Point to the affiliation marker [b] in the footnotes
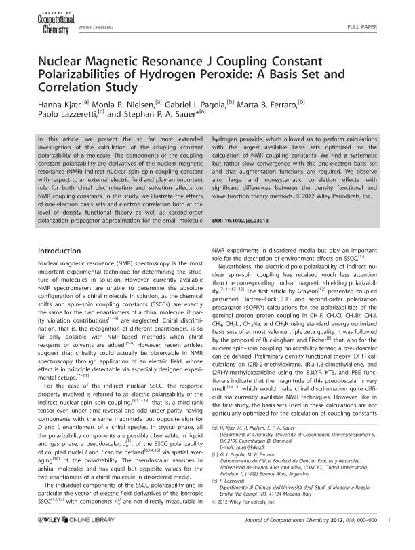click(x=215, y=475)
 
